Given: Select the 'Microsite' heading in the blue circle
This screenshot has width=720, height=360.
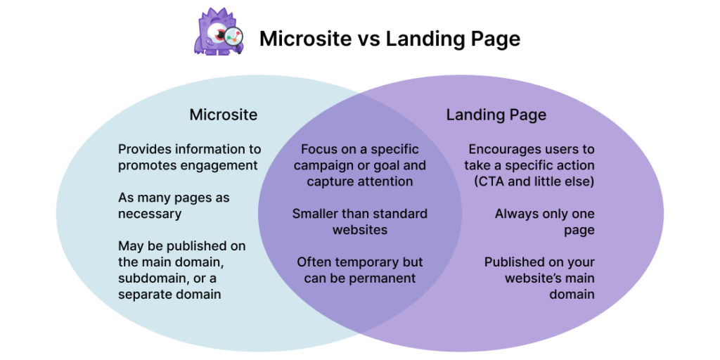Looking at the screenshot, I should click(224, 115).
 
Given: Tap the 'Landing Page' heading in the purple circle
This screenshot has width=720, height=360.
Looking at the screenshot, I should click(496, 115).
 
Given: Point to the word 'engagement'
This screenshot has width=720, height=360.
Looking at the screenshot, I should click(218, 166).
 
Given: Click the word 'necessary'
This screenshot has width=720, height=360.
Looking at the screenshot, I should click(150, 213).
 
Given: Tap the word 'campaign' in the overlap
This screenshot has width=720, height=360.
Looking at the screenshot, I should click(323, 166).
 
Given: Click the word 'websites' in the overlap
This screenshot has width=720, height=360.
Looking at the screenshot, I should click(359, 229).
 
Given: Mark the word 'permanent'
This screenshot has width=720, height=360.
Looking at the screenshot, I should click(385, 278).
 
